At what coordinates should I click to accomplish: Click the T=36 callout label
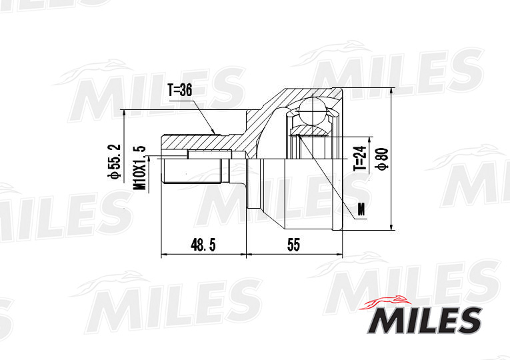180,90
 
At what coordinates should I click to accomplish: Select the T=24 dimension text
359,159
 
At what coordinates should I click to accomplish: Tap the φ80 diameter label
383,159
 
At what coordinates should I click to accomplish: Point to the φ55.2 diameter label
116,162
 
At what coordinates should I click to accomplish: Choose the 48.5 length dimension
203,245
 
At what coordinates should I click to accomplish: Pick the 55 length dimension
293,245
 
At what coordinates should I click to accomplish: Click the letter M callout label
361,210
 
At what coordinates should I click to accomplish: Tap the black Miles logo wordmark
425,320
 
